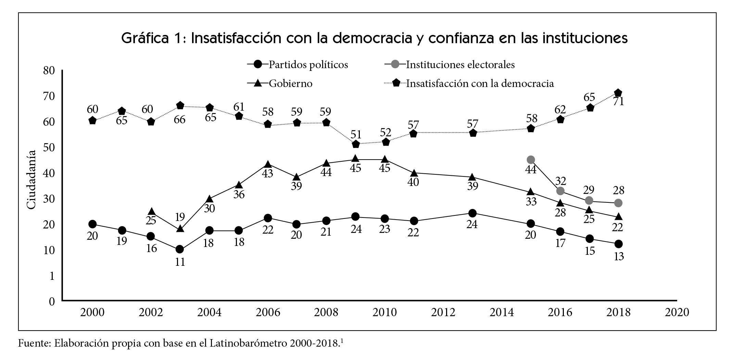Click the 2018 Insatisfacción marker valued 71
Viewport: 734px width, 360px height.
tap(618, 93)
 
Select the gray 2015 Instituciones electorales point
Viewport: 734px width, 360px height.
tap(531, 160)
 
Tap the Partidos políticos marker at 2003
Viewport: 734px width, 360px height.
tap(180, 249)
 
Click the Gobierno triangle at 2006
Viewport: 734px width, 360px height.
tap(268, 165)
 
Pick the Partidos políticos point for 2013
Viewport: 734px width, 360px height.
tap(472, 213)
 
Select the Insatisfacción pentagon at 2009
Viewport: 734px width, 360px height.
tap(356, 144)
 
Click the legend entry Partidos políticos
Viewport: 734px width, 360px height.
tap(308, 64)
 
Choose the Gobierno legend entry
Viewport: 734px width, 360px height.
tap(290, 83)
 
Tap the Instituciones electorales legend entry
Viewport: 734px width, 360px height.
tap(460, 64)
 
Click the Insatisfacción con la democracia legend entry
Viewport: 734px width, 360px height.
tap(480, 83)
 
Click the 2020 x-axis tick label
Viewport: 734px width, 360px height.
tap(676, 312)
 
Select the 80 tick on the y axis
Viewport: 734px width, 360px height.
tap(49, 71)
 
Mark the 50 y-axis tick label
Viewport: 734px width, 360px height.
tap(49, 148)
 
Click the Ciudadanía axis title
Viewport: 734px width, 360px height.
tap(31, 179)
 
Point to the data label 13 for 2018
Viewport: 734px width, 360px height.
tap(619, 257)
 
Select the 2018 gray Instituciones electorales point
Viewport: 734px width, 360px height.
tap(618, 203)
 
